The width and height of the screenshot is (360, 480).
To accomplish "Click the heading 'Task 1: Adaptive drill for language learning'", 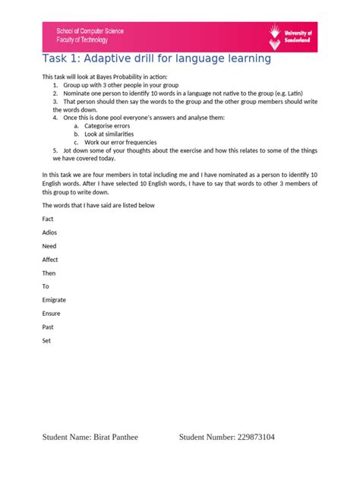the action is coord(156,59).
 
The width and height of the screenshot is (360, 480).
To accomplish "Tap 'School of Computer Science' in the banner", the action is coord(90,31).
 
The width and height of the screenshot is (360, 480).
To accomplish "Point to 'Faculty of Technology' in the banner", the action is coord(83,39).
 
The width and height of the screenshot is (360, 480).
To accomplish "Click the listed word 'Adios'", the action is coord(49,232).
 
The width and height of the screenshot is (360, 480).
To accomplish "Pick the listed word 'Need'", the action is coord(49,246).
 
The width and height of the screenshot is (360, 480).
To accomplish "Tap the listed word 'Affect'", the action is coord(50,260).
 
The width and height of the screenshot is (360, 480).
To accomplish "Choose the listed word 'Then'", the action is coord(49,273).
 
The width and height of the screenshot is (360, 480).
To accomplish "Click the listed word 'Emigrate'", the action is coord(54,300).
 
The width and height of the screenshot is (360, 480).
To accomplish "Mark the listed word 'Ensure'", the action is coord(51,314).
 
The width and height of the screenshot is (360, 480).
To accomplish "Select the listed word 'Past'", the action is coord(49,327).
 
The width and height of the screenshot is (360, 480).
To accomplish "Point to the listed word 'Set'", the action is coord(47,341).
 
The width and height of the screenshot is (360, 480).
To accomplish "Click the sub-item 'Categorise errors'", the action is coord(107,125).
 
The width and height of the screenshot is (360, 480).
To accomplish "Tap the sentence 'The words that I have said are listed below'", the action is coord(98,205).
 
